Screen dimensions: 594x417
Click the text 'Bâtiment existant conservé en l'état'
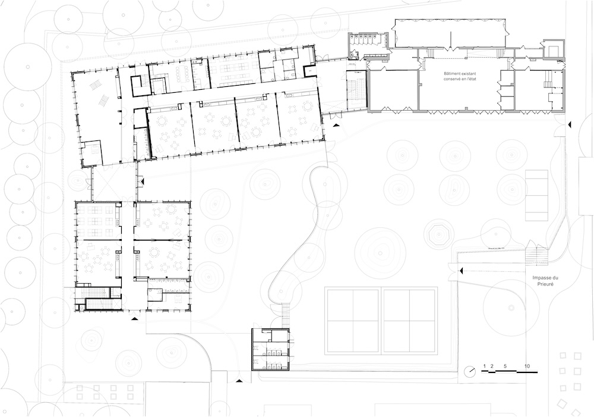(x=460, y=76)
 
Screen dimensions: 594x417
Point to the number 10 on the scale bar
(x=527, y=366)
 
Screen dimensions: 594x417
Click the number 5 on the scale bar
(x=505, y=366)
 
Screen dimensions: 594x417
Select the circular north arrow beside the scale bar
(x=470, y=371)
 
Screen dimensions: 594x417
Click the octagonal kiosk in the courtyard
(x=439, y=234)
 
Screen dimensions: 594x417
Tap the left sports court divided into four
(x=352, y=321)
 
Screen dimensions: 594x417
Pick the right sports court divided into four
(x=409, y=321)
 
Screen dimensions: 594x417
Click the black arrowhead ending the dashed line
(x=461, y=271)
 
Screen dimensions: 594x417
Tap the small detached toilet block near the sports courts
(x=271, y=349)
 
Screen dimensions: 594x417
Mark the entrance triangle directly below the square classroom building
(x=134, y=319)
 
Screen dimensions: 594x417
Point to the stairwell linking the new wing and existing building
(x=356, y=90)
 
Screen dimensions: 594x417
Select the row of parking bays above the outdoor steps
(x=536, y=195)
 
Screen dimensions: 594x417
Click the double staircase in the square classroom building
(x=99, y=299)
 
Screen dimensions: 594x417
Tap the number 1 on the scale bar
(x=484, y=366)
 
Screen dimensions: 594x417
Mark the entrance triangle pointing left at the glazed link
(x=142, y=183)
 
